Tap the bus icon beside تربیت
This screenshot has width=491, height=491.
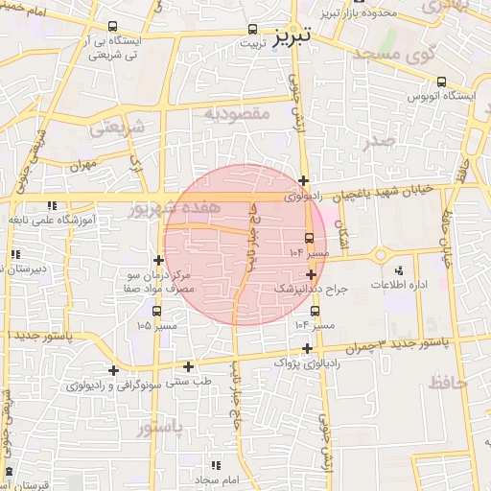point(253,29)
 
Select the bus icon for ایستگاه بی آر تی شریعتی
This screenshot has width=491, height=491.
point(114,27)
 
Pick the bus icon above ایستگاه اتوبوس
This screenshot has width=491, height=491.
point(441,82)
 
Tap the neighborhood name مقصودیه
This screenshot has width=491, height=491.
point(239,113)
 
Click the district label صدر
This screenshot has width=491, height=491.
point(380,142)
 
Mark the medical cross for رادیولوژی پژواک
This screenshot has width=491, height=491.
point(307,348)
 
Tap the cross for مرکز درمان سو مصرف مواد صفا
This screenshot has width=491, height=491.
point(158,260)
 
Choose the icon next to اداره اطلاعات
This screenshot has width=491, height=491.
point(398,271)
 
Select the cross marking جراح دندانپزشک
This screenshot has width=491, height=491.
point(311,274)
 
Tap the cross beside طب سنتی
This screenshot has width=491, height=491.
point(188,365)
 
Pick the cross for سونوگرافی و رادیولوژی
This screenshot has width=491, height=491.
point(113,370)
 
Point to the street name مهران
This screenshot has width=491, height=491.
point(83,164)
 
